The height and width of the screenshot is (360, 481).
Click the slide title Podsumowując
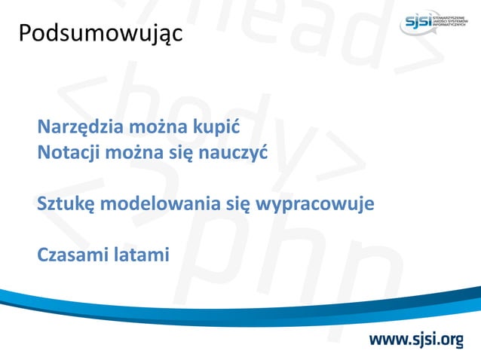tap(100, 35)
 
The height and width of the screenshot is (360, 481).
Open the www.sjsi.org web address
tap(415, 340)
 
